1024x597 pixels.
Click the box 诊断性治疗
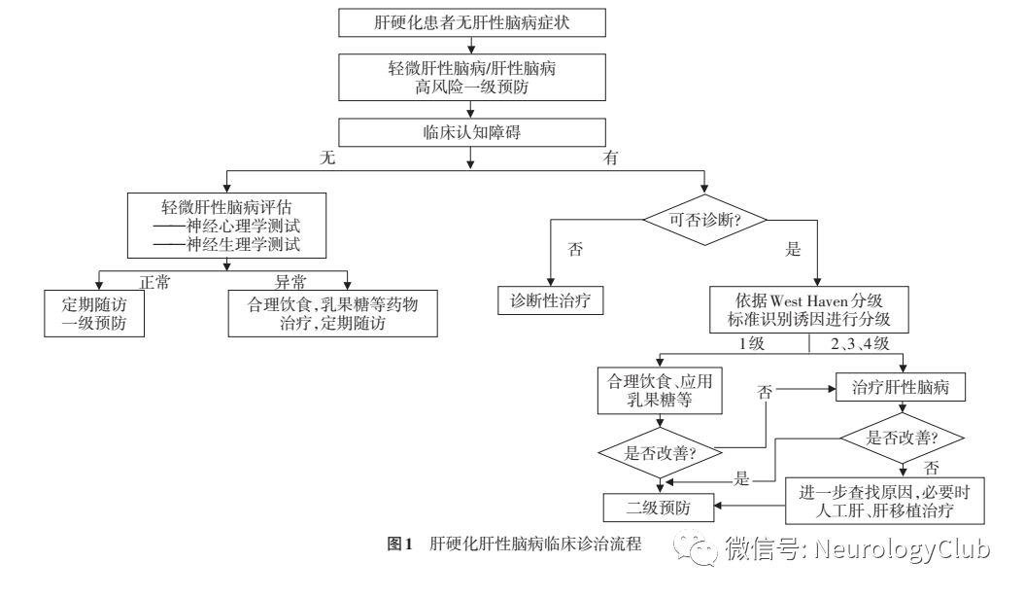tap(551, 300)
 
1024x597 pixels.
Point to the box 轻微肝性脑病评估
tap(224, 225)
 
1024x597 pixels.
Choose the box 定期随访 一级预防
tap(94, 313)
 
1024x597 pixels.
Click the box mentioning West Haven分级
tap(808, 307)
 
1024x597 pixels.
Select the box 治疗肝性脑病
tap(903, 388)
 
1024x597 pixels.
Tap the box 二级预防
tap(660, 507)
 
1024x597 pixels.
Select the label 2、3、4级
tap(862, 344)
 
